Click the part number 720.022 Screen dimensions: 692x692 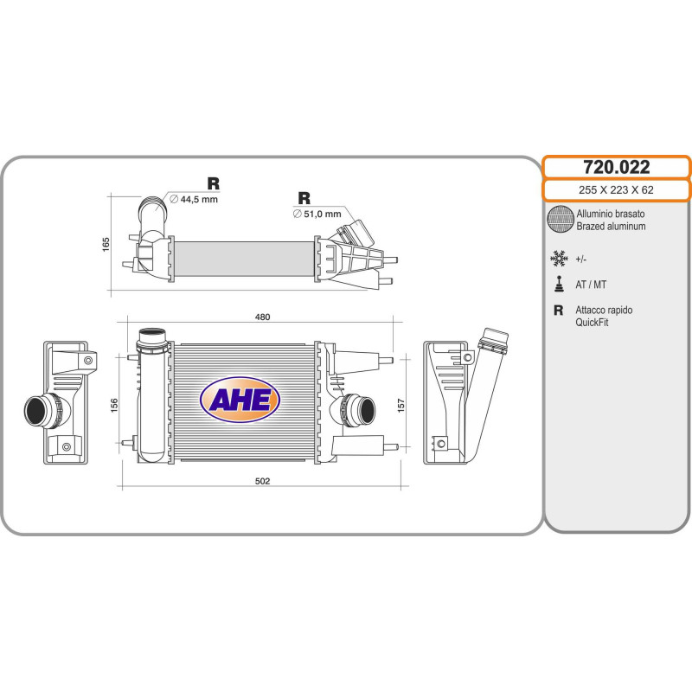click(616, 168)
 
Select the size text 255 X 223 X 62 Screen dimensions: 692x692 click(616, 190)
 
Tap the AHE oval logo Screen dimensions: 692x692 click(240, 399)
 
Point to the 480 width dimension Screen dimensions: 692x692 click(263, 317)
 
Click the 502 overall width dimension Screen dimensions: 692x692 click(263, 480)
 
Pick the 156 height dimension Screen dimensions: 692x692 click(113, 405)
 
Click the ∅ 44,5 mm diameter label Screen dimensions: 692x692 click(194, 199)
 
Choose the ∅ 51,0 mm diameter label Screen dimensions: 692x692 click(317, 213)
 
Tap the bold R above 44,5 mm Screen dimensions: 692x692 click(213, 183)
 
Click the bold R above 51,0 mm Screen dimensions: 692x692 click(304, 198)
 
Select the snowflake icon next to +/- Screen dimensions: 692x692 click(560, 258)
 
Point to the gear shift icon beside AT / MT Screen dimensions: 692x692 click(560, 284)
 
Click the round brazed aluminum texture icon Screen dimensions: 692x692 click(561, 220)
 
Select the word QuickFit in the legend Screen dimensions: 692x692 click(593, 322)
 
